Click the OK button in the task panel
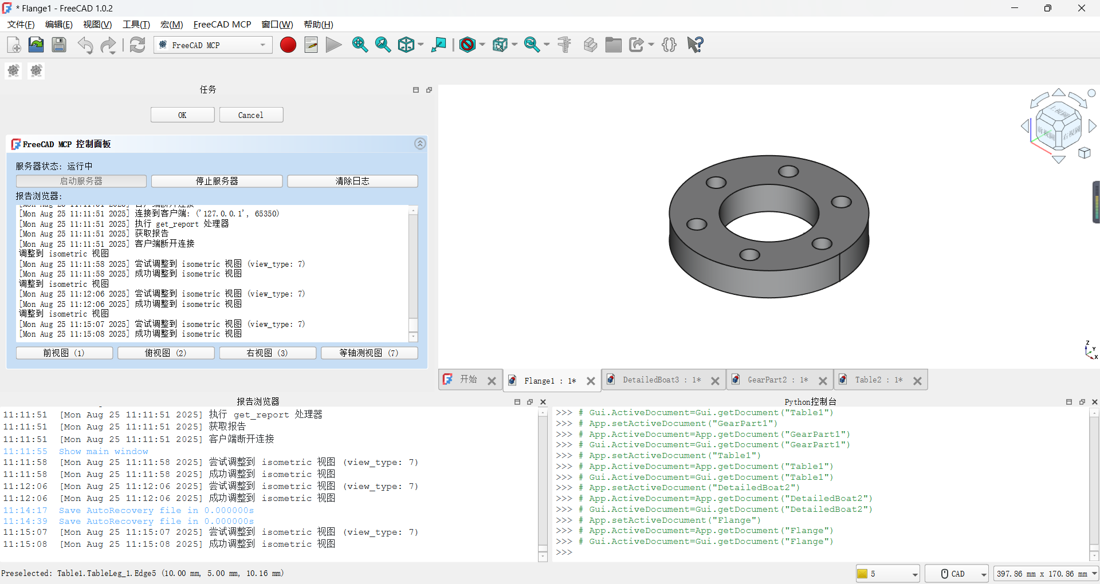click(x=182, y=115)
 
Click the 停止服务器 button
click(x=217, y=181)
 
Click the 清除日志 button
click(x=352, y=181)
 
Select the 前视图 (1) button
click(x=64, y=353)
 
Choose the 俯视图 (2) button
click(x=166, y=353)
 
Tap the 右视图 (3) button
click(x=267, y=353)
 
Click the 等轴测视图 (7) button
click(x=369, y=353)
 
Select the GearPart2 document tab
click(x=777, y=380)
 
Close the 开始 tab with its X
click(x=492, y=381)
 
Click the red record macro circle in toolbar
click(x=288, y=45)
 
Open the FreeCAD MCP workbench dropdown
click(x=213, y=45)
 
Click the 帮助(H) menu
click(x=318, y=24)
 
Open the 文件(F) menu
click(x=21, y=24)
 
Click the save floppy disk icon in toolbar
click(x=59, y=45)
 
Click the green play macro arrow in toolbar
click(x=333, y=45)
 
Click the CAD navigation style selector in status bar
click(x=957, y=574)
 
